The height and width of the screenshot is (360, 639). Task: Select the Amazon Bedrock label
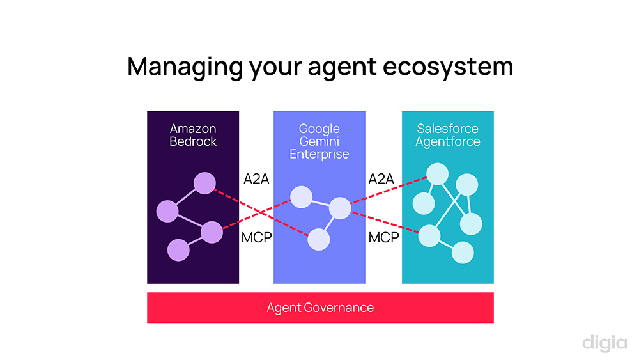pyautogui.click(x=193, y=135)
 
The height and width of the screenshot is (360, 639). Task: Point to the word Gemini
pyautogui.click(x=319, y=141)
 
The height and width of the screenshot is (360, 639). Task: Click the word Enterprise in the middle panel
pyautogui.click(x=319, y=154)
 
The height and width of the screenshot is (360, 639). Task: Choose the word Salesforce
pyautogui.click(x=447, y=129)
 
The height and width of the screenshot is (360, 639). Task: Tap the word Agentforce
pyautogui.click(x=447, y=141)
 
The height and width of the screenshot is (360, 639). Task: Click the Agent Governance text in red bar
pyautogui.click(x=320, y=308)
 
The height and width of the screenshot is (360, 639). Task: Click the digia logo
pyautogui.click(x=604, y=343)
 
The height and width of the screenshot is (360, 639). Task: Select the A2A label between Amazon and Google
pyautogui.click(x=256, y=179)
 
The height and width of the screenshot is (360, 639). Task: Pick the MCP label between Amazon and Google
pyautogui.click(x=256, y=238)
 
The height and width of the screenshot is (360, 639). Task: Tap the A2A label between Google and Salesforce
pyautogui.click(x=381, y=179)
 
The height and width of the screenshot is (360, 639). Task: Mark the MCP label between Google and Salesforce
pyautogui.click(x=383, y=238)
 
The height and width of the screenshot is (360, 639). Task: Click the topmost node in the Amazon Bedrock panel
pyautogui.click(x=205, y=184)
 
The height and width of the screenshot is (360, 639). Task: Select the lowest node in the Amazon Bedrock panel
pyautogui.click(x=178, y=250)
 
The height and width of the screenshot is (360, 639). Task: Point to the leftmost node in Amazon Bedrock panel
pyautogui.click(x=167, y=211)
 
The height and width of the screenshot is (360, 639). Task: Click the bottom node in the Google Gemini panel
pyautogui.click(x=319, y=239)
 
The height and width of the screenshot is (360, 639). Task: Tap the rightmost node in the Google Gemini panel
pyautogui.click(x=340, y=208)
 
